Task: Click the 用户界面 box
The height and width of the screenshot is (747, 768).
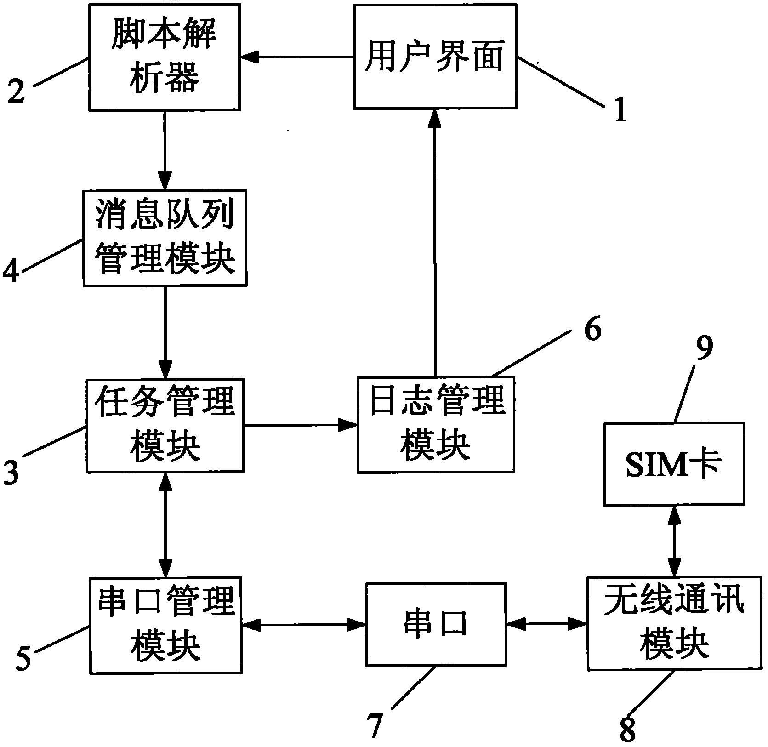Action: [x=434, y=57]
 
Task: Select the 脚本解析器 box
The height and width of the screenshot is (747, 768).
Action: [x=165, y=57]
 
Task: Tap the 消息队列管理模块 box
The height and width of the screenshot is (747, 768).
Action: [x=165, y=238]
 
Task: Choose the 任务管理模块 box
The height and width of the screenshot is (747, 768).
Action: [x=165, y=425]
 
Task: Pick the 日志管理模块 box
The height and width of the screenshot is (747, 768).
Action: [x=435, y=424]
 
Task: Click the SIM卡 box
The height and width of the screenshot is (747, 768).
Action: [x=673, y=464]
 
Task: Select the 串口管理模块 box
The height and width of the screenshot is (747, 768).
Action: [x=165, y=625]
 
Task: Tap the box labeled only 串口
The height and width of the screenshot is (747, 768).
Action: [x=435, y=624]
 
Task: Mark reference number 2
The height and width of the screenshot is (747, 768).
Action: [x=16, y=91]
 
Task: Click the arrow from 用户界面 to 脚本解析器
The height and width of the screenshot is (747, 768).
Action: [x=296, y=57]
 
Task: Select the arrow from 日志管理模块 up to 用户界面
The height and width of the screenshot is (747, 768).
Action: [x=434, y=244]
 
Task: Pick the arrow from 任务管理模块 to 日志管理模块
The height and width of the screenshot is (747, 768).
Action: [x=301, y=425]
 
